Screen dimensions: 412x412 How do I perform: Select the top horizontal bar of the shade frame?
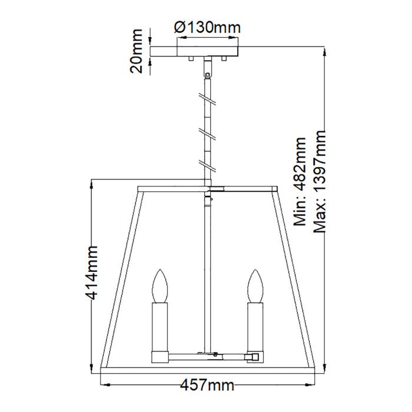coord(177,189)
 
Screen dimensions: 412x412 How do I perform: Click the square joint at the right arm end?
coord(254,357)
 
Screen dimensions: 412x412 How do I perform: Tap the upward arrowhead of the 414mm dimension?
coord(92,184)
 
